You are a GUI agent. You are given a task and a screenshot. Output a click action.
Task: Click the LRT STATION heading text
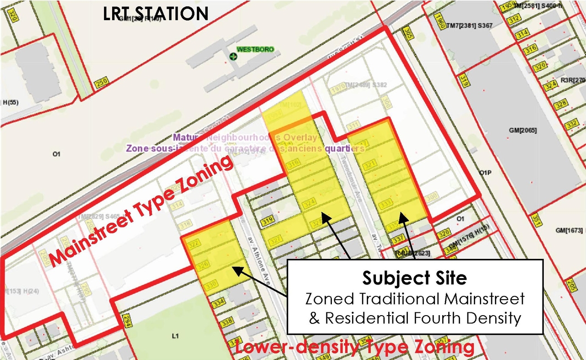[x=156, y=13]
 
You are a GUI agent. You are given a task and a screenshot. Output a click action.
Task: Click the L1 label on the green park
[x=174, y=336]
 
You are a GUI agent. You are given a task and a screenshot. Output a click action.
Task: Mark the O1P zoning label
[x=485, y=173]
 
